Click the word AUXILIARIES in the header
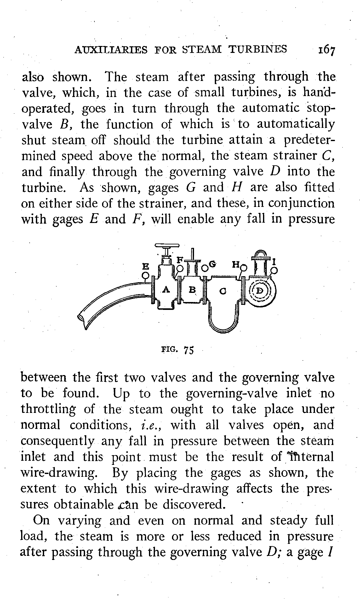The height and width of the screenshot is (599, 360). click(x=111, y=49)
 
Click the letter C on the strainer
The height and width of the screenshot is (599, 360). click(x=223, y=292)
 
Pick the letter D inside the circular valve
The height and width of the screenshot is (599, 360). click(x=260, y=291)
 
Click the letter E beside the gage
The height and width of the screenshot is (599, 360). click(x=145, y=266)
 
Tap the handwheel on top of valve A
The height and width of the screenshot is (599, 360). click(x=167, y=246)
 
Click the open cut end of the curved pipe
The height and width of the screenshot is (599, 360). click(x=82, y=318)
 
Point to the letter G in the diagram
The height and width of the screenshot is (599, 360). click(x=212, y=265)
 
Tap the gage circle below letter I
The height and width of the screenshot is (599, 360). click(x=274, y=270)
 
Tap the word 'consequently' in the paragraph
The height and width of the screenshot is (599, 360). click(x=57, y=441)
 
